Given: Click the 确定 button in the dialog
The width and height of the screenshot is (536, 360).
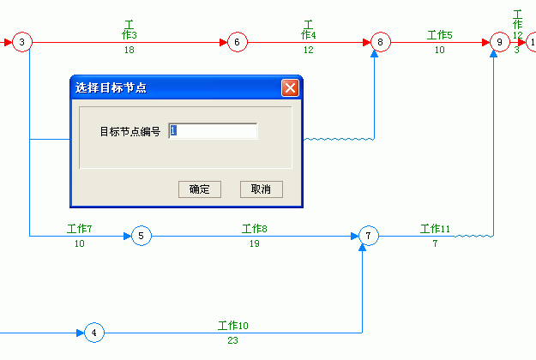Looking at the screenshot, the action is tap(200, 189).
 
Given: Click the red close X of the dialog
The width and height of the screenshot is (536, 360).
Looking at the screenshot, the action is tap(290, 87).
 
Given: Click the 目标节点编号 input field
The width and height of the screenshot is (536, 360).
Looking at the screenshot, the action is tap(213, 131).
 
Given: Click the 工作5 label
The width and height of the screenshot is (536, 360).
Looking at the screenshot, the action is tap(440, 35).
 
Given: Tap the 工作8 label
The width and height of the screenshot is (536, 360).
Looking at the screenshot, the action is tap(255, 229).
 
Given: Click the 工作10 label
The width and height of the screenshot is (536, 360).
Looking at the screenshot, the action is tap(233, 326).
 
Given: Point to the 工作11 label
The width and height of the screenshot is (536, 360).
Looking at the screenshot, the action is tap(435, 229).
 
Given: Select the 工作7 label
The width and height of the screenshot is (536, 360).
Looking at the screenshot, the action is tap(79, 229).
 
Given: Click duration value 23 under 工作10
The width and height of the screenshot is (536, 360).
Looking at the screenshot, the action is tap(232, 340).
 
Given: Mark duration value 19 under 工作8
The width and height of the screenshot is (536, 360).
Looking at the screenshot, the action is tap(255, 243).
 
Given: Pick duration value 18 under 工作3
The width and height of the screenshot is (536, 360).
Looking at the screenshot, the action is tap(129, 50).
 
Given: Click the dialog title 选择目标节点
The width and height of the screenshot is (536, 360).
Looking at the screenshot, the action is tap(111, 87).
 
